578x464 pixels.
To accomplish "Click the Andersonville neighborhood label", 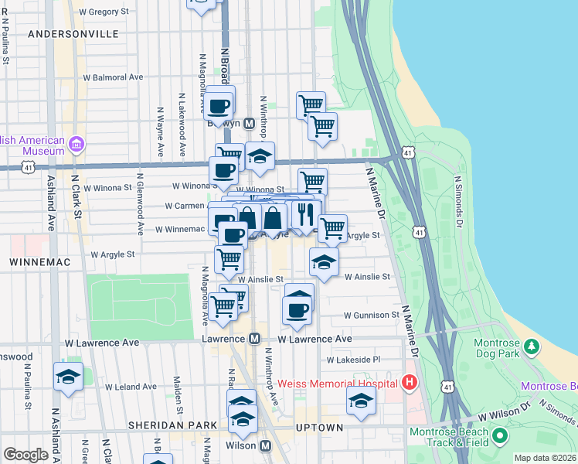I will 73,34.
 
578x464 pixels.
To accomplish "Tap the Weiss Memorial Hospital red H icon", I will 410,383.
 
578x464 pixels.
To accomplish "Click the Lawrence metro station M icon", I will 254,339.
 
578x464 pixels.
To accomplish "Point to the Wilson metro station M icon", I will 265,446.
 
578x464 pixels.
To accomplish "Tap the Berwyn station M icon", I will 250,124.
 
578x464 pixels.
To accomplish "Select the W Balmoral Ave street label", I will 113,77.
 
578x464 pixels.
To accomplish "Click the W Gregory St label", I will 104,12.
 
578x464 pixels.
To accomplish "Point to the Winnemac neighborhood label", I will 40,262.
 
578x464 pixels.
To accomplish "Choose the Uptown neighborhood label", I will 319,428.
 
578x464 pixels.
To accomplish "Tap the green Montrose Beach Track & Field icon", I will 500,438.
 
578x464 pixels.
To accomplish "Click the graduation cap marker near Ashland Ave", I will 68,377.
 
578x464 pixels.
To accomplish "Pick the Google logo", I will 26,455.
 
